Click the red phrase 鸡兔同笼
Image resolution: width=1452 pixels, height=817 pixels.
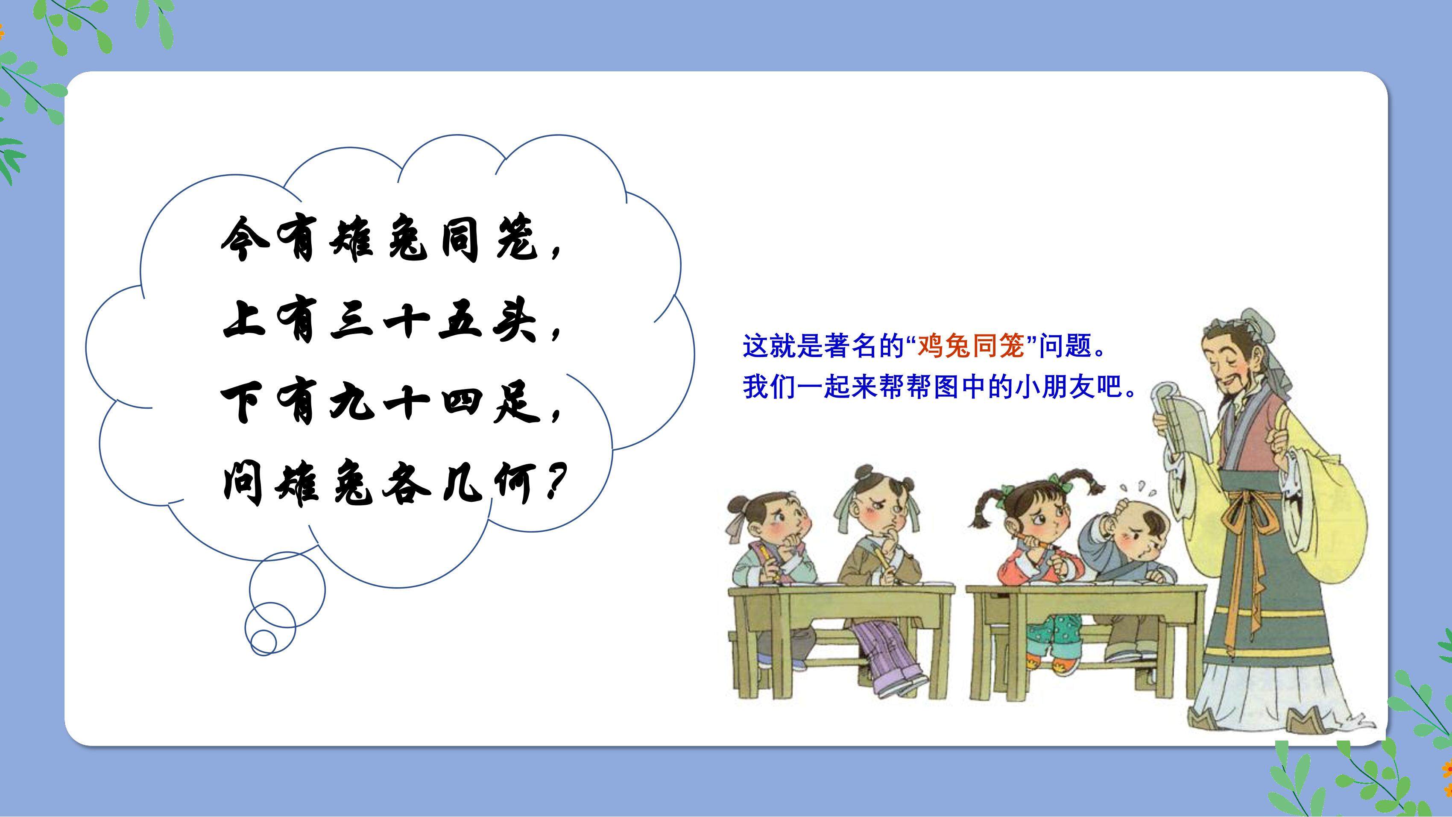pos(971,346)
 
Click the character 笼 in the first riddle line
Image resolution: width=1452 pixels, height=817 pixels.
pos(517,240)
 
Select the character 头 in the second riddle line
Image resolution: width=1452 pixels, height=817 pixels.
pos(515,322)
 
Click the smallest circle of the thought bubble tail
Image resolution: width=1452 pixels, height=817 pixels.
pos(263,641)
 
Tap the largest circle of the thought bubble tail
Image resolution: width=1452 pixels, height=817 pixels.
pos(287,590)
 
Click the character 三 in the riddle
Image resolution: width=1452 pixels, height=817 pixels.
pos(353,322)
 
